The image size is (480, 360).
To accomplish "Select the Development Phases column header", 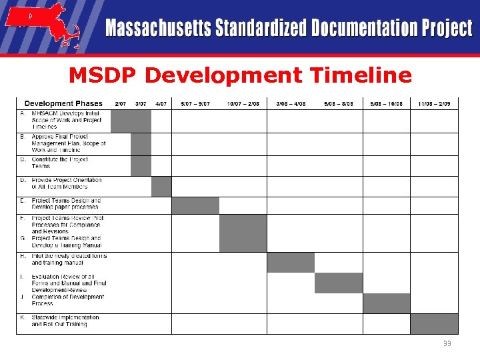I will (x=63, y=103).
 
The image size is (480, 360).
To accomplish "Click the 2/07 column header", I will (x=121, y=103).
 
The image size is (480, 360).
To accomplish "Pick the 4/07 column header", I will (x=161, y=103).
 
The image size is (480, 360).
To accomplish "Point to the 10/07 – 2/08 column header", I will (x=243, y=103).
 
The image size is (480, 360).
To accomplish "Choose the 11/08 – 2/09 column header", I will (x=434, y=103).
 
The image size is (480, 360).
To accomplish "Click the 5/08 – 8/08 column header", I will (x=339, y=103).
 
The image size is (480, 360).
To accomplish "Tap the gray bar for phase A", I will (x=131, y=121).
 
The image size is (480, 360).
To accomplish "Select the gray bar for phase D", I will (x=161, y=187).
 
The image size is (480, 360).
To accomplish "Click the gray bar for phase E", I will (x=195, y=205).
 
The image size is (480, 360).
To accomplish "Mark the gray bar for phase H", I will (x=291, y=263).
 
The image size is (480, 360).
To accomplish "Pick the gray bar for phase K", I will (x=434, y=323).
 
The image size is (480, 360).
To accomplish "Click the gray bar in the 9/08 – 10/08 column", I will (x=387, y=303).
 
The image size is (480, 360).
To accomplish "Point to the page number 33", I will (x=447, y=343).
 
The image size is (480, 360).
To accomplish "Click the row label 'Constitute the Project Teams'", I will (x=59, y=163).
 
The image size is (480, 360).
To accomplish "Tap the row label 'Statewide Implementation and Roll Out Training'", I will (x=65, y=321).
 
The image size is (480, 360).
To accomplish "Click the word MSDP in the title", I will (x=103, y=75).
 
